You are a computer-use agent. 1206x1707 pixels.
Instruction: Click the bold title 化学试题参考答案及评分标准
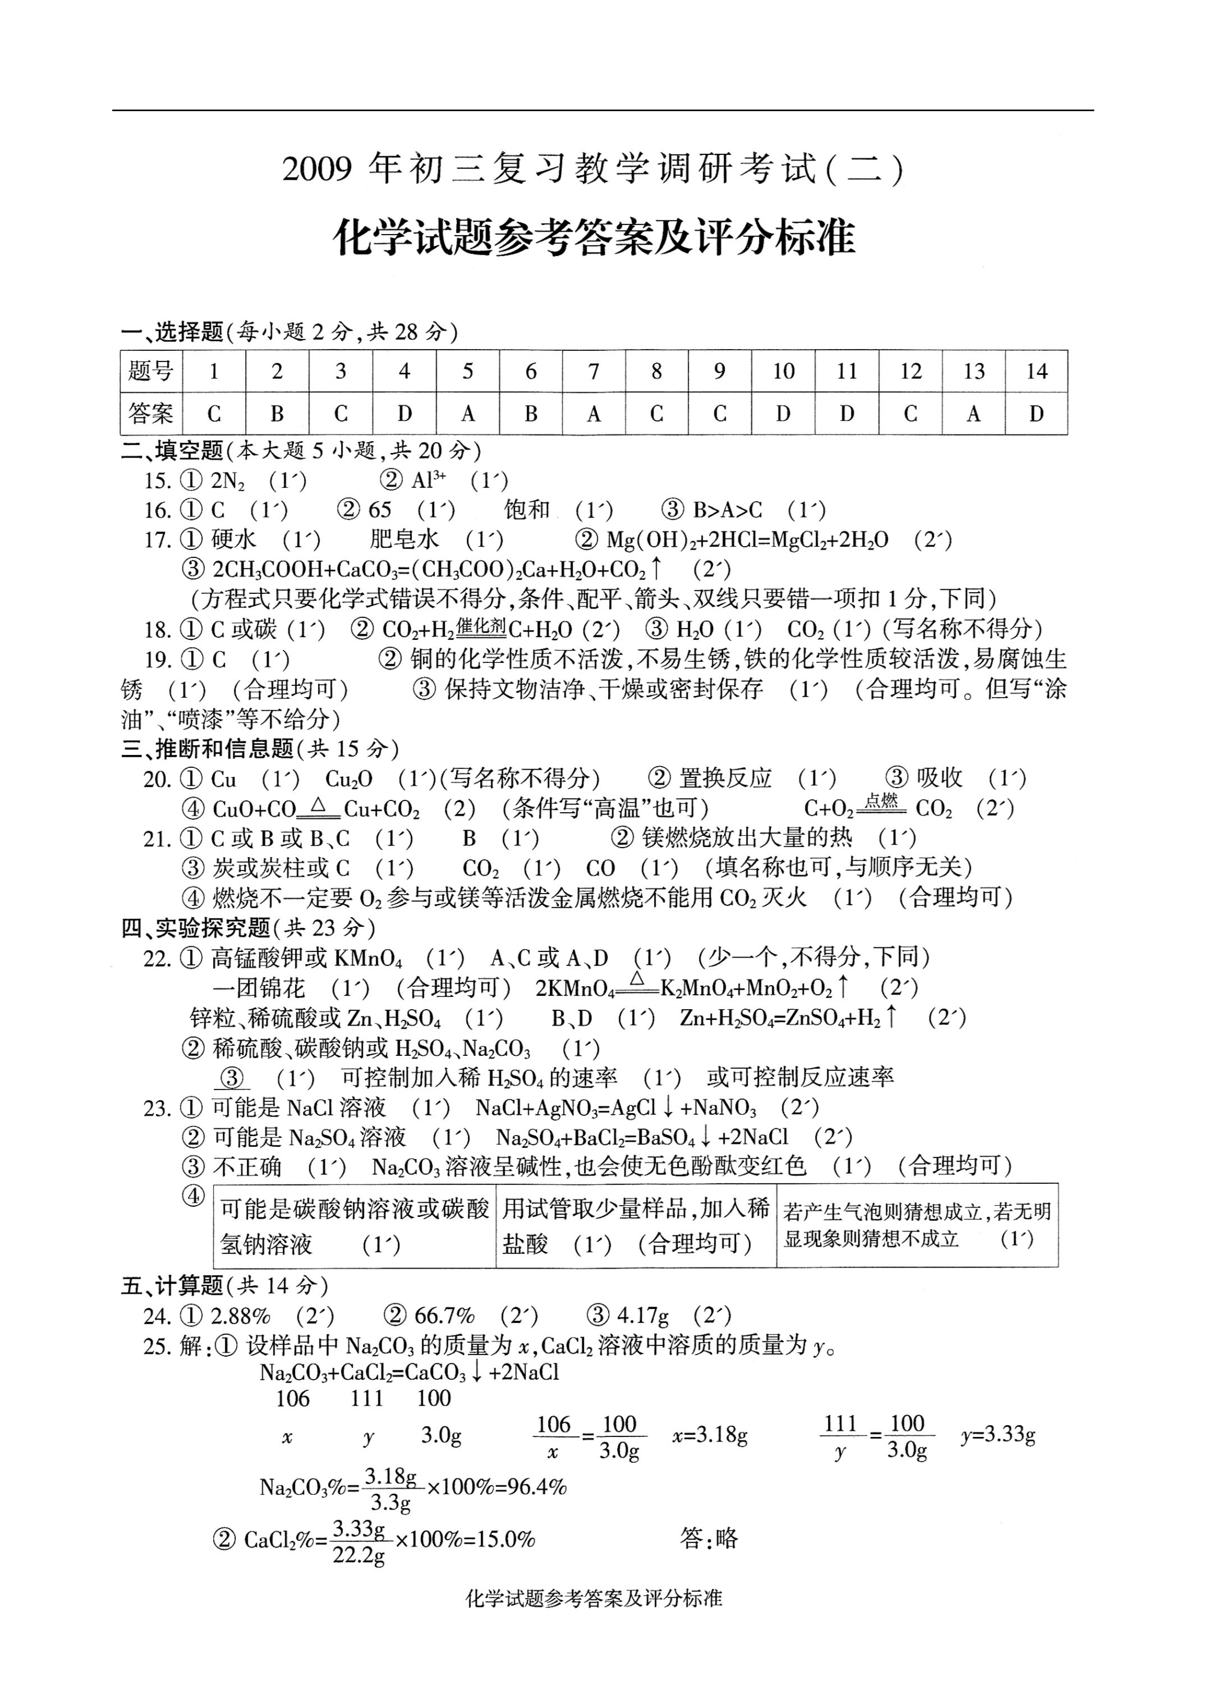pyautogui.click(x=595, y=237)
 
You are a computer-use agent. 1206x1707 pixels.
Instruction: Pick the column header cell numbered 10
pyautogui.click(x=783, y=371)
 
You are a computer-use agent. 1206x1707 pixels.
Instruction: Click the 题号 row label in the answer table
pyautogui.click(x=151, y=371)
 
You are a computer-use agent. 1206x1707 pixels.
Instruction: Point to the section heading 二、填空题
pyautogui.click(x=172, y=451)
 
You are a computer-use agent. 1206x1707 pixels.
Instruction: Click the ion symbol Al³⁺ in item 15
pyautogui.click(x=429, y=481)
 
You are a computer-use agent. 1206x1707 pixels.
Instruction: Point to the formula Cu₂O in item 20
pyautogui.click(x=348, y=779)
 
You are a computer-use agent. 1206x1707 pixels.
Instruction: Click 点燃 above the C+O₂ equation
pyautogui.click(x=881, y=800)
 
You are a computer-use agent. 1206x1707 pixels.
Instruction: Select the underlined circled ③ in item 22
pyautogui.click(x=232, y=1077)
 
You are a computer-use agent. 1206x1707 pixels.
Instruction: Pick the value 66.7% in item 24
pyautogui.click(x=444, y=1316)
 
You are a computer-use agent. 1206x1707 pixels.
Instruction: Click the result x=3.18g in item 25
pyautogui.click(x=710, y=1436)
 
